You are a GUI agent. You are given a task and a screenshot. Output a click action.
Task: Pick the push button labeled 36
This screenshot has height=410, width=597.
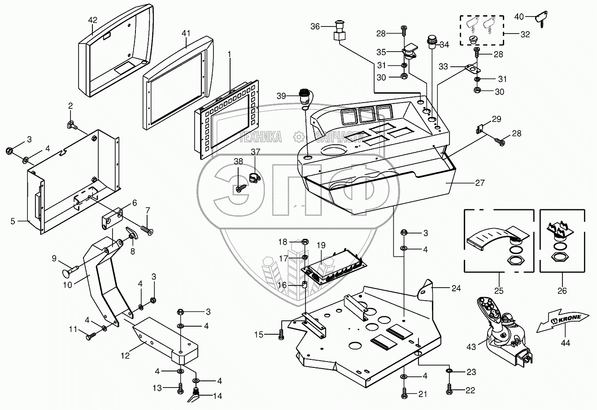point(339,30)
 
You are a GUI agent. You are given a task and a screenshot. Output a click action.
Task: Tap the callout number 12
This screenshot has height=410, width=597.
point(125,355)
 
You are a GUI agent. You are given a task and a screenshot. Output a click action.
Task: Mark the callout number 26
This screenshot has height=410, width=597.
point(562,291)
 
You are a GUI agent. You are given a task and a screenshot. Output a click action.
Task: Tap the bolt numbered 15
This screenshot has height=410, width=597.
point(281,334)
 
